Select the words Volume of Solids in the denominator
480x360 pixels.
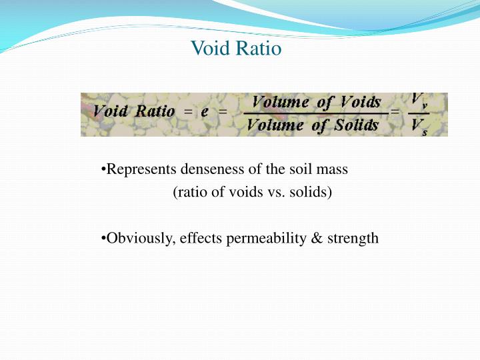(x=313, y=125)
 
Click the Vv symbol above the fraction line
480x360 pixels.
(x=419, y=101)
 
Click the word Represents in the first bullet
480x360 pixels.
(x=137, y=169)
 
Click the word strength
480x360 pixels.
(x=353, y=238)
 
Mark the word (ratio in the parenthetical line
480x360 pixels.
(x=188, y=193)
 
